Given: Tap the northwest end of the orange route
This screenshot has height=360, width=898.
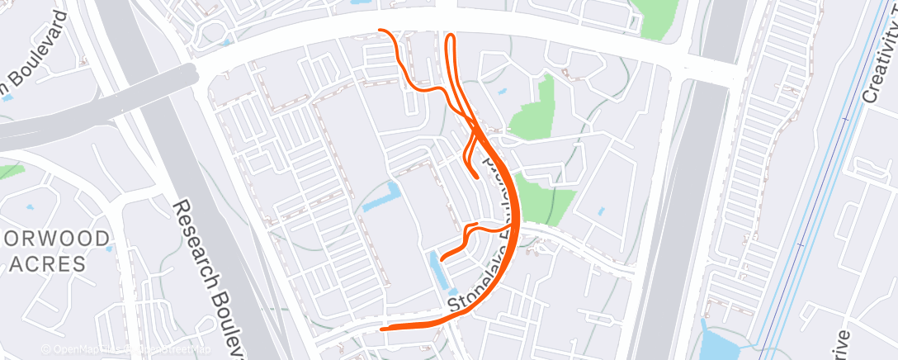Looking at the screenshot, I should tap(380, 31).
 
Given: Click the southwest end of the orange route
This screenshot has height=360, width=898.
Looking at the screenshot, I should tap(382, 328).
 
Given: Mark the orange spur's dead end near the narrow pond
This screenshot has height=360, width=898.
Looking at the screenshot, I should tap(442, 258).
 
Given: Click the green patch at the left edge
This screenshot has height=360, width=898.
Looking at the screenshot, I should tap(10, 171).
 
